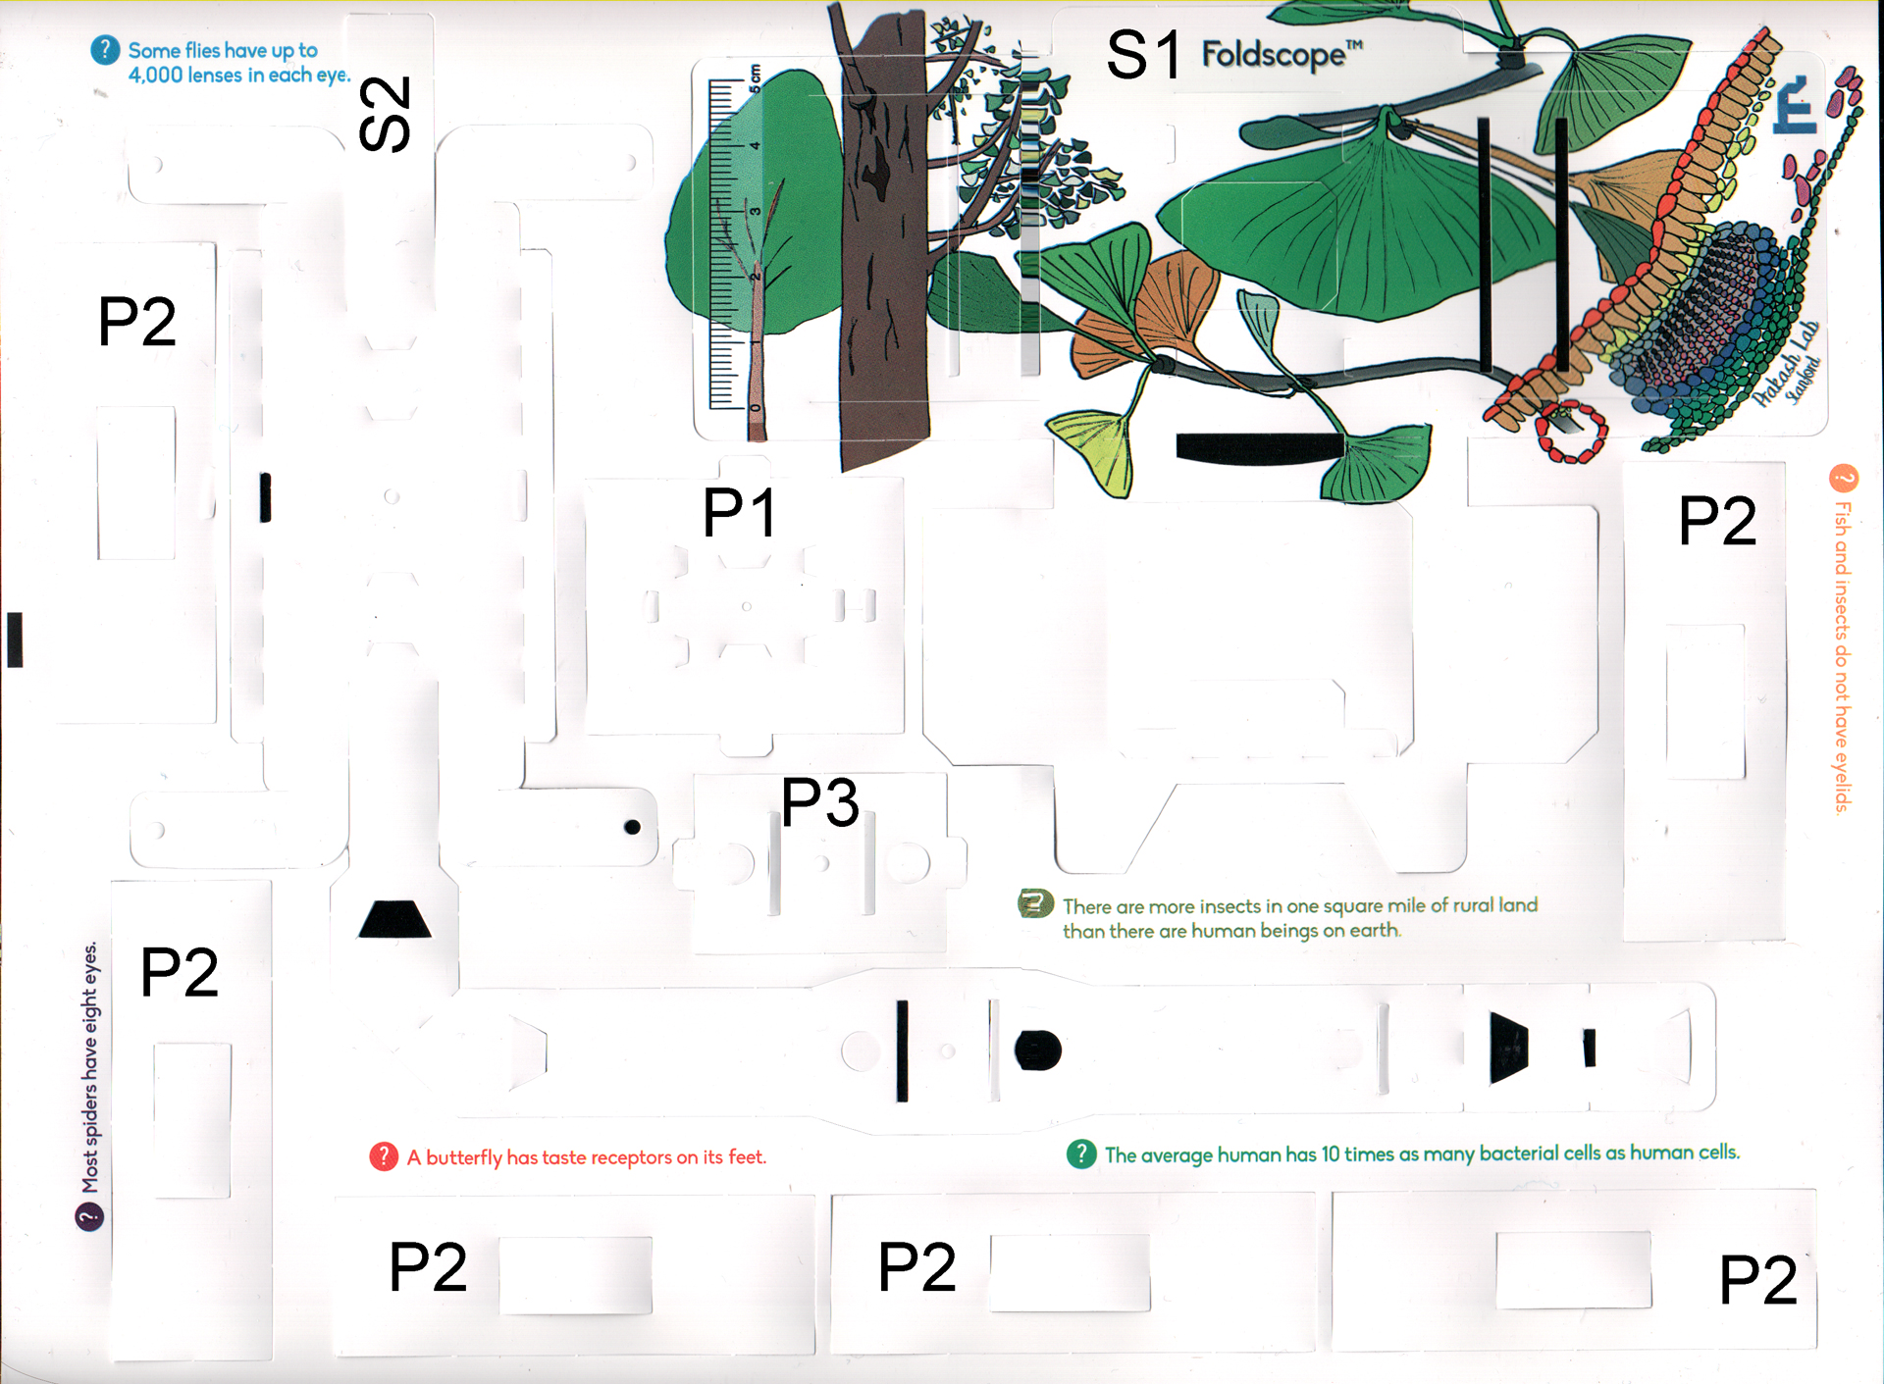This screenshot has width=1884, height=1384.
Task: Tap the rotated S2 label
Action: (x=385, y=114)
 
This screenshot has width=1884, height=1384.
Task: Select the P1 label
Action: (x=741, y=512)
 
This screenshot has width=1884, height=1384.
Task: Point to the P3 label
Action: (x=820, y=802)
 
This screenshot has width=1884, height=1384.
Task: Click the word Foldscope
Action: (x=1274, y=54)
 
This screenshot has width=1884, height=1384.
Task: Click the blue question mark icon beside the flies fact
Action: (x=105, y=50)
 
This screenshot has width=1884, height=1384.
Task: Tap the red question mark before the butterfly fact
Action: (x=384, y=1157)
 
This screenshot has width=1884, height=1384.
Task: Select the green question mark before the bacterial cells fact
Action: (x=1080, y=1153)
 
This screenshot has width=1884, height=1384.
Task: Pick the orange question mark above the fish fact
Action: (x=1844, y=479)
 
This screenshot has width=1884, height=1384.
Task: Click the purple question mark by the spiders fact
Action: (x=89, y=1217)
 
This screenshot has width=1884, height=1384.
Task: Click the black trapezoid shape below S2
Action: (x=394, y=919)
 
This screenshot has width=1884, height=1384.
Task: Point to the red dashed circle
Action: (x=1571, y=431)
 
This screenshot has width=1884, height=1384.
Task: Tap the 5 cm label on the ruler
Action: (x=755, y=76)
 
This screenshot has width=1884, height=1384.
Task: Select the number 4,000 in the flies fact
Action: (x=154, y=76)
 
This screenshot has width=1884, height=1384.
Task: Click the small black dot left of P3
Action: (x=633, y=827)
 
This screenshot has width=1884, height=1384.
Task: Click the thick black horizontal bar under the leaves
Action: (x=1260, y=447)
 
